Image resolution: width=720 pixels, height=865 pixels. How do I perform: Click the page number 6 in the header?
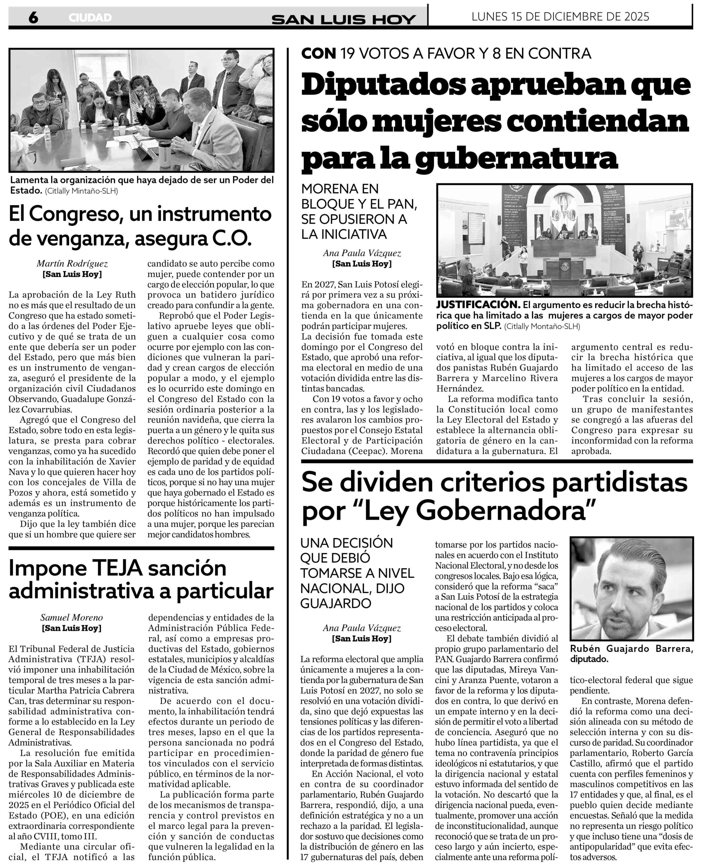[x=33, y=18]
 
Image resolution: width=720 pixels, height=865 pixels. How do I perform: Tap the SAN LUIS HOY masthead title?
[x=343, y=19]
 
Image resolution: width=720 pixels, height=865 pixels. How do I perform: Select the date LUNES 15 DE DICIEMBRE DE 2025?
[x=560, y=17]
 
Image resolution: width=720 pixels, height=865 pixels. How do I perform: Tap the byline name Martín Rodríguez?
[x=72, y=264]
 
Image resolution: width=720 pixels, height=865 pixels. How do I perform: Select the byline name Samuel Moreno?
[x=72, y=617]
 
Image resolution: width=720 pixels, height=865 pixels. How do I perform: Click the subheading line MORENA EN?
[x=340, y=189]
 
